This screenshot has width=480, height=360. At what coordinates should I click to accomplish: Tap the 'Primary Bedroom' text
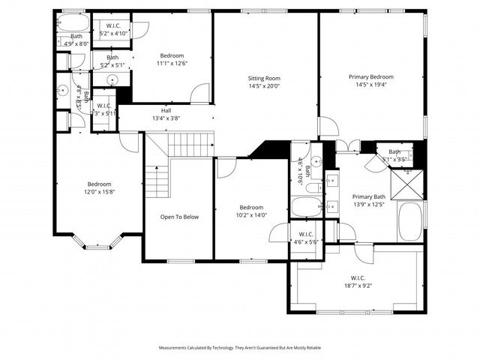[370, 76]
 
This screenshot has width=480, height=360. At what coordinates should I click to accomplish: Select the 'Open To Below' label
[180, 217]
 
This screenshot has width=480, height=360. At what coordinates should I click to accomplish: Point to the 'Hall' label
[166, 110]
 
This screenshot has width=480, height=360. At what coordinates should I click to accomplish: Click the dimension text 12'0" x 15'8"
[99, 192]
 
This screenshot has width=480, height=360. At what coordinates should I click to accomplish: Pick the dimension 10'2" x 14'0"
[251, 215]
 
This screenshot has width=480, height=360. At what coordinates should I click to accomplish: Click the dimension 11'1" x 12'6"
[172, 63]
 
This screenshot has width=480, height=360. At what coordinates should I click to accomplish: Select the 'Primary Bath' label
[368, 196]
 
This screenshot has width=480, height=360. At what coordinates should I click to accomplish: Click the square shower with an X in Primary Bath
[407, 182]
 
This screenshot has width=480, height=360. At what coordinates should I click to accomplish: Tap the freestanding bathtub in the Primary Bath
[410, 220]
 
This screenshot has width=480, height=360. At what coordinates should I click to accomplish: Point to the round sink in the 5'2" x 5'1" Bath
[113, 79]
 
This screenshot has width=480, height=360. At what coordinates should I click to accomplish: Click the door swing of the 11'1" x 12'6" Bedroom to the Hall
[200, 94]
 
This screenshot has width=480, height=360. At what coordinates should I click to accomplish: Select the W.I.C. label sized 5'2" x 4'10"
[113, 29]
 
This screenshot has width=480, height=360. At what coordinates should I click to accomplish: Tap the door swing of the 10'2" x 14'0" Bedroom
[226, 167]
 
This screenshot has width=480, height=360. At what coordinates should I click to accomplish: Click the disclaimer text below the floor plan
[239, 348]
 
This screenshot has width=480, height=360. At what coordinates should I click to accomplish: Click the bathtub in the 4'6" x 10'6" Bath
[305, 206]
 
